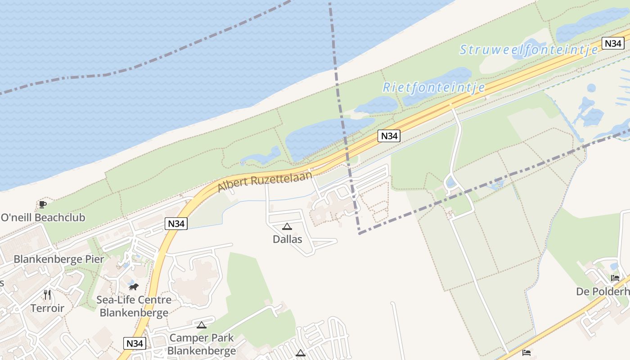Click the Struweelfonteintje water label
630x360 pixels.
pyautogui.click(x=529, y=50)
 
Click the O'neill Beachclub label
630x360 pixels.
pyautogui.click(x=43, y=218)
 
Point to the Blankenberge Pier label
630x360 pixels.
pyautogui.click(x=59, y=259)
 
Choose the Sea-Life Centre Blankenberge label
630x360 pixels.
pyautogui.click(x=134, y=306)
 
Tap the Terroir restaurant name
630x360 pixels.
pyautogui.click(x=47, y=308)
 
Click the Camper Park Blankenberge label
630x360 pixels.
pyautogui.click(x=202, y=344)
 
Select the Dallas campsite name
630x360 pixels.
pyautogui.click(x=287, y=239)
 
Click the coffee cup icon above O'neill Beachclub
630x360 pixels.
pyautogui.click(x=42, y=205)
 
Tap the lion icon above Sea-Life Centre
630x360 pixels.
pyautogui.click(x=133, y=286)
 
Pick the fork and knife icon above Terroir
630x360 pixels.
pyautogui.click(x=47, y=295)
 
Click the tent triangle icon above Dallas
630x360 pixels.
pyautogui.click(x=287, y=226)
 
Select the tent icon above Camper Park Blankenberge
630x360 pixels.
pyautogui.click(x=202, y=325)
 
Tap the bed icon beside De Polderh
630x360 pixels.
pyautogui.click(x=615, y=278)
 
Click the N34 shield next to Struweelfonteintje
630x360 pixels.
pyautogui.click(x=612, y=43)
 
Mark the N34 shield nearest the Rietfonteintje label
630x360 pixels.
pyautogui.click(x=389, y=136)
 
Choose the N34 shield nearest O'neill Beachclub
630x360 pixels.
pyautogui.click(x=175, y=224)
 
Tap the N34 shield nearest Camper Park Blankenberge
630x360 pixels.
pyautogui.click(x=135, y=343)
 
